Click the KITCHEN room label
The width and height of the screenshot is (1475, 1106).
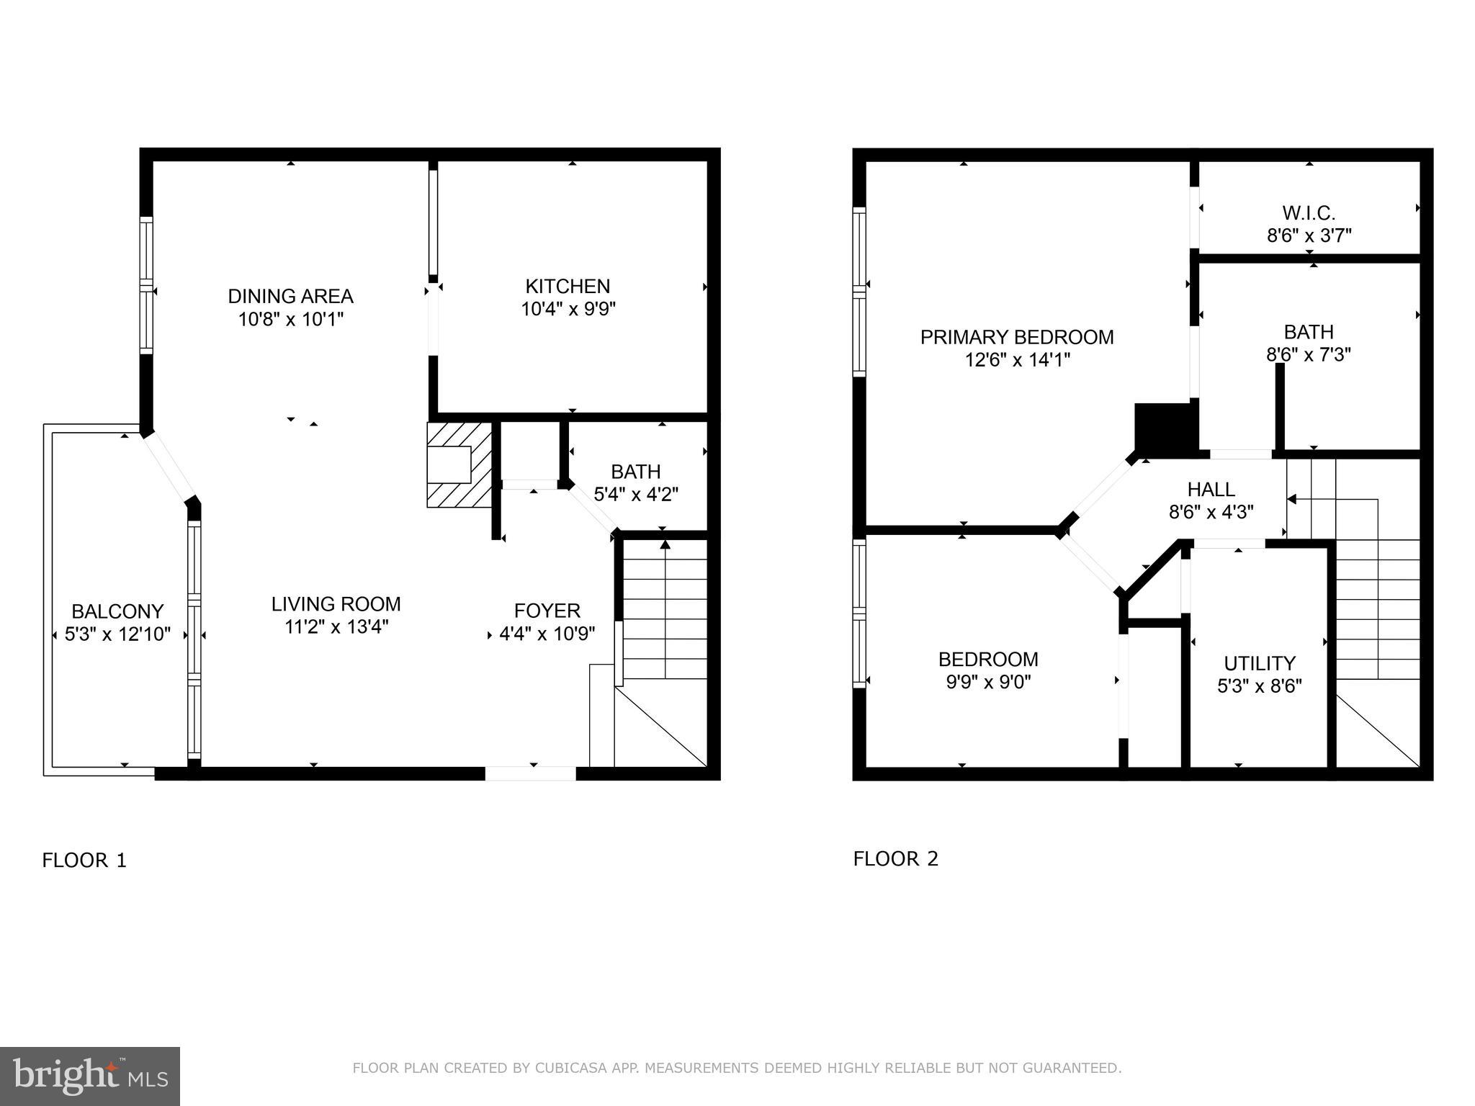(x=568, y=287)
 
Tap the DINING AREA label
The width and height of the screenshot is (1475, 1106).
(x=290, y=296)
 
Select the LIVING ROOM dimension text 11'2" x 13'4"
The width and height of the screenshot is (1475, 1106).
(x=336, y=626)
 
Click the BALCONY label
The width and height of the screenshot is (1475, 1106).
(x=117, y=612)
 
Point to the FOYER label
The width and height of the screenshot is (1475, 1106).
(x=547, y=611)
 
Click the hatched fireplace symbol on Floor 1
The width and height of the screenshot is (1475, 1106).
(x=458, y=464)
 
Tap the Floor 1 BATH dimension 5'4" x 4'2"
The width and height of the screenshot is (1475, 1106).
(x=635, y=494)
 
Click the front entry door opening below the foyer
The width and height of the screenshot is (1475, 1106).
(x=531, y=773)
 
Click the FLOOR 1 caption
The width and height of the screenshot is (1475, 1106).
(x=84, y=860)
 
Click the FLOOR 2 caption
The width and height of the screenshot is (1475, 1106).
(x=895, y=859)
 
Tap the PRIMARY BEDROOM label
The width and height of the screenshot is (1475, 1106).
(x=1016, y=337)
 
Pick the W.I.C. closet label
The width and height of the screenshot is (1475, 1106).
(x=1308, y=213)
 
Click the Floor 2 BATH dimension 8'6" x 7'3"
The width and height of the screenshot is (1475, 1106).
(x=1308, y=354)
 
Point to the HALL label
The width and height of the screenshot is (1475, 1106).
(x=1211, y=490)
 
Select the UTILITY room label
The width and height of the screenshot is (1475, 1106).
(x=1259, y=662)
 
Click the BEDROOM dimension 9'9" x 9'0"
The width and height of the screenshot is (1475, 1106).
(x=988, y=681)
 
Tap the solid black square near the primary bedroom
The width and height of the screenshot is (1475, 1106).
(x=1163, y=427)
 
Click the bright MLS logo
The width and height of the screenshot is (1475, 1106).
(x=90, y=1076)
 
